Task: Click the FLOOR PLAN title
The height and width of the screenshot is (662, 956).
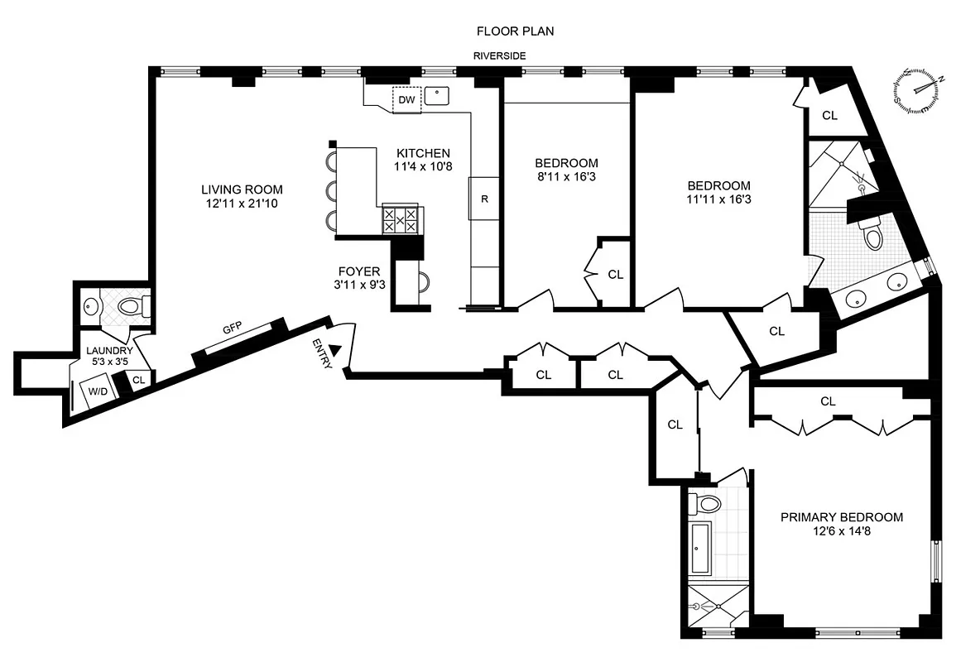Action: pos(514,31)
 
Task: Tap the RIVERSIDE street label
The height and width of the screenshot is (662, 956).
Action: pos(499,56)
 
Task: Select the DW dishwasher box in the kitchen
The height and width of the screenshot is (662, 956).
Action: pos(406,100)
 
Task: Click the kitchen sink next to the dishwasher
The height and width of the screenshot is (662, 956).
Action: pos(436,96)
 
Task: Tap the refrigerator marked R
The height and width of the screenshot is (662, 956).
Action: pos(484,199)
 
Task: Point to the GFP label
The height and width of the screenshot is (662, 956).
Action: pos(232,329)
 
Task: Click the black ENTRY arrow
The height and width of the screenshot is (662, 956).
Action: pos(335,350)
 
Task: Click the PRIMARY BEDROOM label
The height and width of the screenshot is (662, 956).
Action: pos(842,517)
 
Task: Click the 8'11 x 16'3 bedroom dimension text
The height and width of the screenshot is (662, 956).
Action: pos(566,176)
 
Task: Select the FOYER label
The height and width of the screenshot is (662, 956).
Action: pos(359,271)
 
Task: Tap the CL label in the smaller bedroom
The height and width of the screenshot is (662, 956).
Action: pos(615,274)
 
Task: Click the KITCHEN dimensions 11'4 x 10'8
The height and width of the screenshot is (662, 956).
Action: pos(423,166)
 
